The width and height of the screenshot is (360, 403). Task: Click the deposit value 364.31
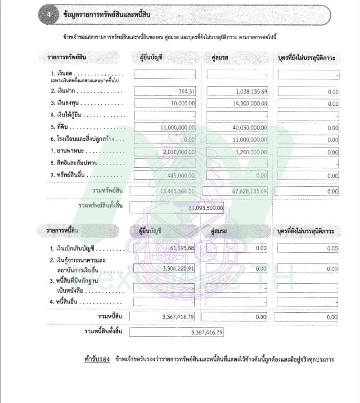coord(186,91)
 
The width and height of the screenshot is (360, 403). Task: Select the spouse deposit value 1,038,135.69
coord(252,91)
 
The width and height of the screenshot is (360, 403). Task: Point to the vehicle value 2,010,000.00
coord(179,152)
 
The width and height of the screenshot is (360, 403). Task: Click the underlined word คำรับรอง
coord(97,359)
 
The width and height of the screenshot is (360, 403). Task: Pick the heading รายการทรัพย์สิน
coord(67,57)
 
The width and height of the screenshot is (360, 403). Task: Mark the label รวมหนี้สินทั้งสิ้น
coord(103,332)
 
